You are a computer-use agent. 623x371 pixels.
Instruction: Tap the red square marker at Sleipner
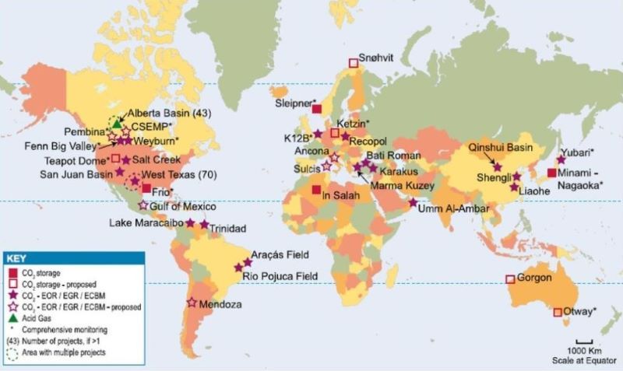[317, 109]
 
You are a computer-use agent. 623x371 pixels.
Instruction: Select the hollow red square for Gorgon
[510, 278]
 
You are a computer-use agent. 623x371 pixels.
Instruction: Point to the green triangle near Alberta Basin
[118, 123]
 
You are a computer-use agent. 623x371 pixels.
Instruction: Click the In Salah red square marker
[315, 190]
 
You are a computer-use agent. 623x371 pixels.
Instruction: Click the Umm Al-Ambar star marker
[414, 203]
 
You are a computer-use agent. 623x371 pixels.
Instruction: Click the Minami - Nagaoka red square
[551, 173]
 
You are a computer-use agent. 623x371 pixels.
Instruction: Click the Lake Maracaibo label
[146, 223]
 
